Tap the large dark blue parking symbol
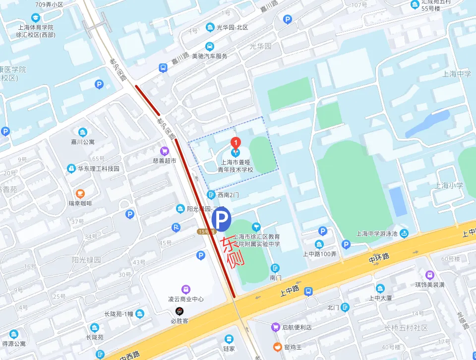[221, 219]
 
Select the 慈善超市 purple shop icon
[164, 151]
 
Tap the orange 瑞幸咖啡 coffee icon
[80, 193]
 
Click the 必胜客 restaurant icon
[179, 311]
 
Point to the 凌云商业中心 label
[185, 299]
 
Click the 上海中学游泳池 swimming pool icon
[405, 234]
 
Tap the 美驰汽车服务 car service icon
[210, 46]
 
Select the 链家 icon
[229, 339]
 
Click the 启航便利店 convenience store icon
[275, 327]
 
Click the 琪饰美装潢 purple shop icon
[429, 275]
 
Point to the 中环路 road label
[379, 258]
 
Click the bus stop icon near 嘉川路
[163, 67]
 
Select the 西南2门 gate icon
[211, 195]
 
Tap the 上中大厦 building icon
[380, 288]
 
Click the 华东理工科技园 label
[99, 169]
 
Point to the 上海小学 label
[449, 185]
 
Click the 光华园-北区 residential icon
[210, 27]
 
